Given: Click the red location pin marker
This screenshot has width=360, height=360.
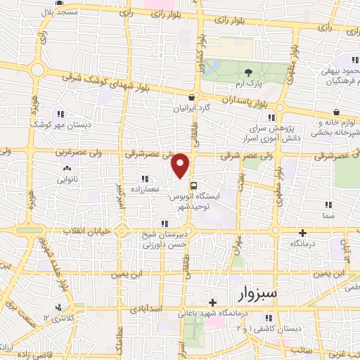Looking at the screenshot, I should [x=181, y=165].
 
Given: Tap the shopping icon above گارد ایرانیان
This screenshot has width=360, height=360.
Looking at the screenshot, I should [x=191, y=98].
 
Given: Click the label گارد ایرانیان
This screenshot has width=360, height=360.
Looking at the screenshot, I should [x=193, y=110].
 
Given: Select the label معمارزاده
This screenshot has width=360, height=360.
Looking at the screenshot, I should [x=145, y=190].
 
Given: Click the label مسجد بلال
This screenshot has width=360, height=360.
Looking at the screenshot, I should [x=58, y=13].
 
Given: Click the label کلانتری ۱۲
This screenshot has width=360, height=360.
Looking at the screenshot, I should [x=58, y=319].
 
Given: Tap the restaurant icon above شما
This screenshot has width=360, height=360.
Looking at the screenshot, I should [x=328, y=205].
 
